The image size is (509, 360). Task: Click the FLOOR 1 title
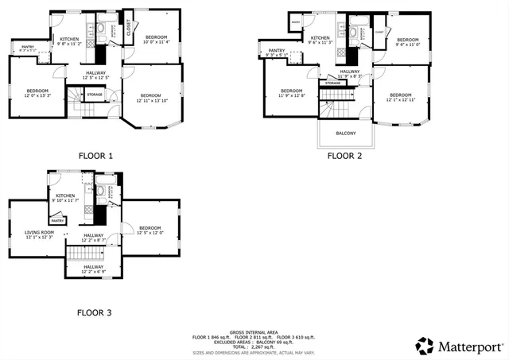click(x=95, y=157)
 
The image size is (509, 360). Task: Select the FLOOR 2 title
click(x=344, y=157)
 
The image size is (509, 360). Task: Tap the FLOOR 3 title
click(x=94, y=313)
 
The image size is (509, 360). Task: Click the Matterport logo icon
click(x=425, y=346)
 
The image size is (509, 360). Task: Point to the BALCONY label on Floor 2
click(x=346, y=133)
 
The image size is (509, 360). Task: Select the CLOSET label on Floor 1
click(x=129, y=28)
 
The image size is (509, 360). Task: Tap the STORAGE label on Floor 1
click(x=95, y=95)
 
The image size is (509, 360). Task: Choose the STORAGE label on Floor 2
click(x=333, y=83)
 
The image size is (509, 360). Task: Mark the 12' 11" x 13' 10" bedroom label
click(x=151, y=98)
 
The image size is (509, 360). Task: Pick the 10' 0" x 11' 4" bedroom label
click(x=157, y=39)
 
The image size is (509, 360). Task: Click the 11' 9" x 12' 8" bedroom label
click(x=291, y=93)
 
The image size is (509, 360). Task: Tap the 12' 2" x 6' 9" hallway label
click(x=94, y=269)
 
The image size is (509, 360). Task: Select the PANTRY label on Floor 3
click(x=57, y=220)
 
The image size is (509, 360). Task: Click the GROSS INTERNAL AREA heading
click(x=254, y=331)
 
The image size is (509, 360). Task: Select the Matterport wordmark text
click(x=470, y=346)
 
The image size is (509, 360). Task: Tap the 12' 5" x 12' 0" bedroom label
click(x=150, y=230)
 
